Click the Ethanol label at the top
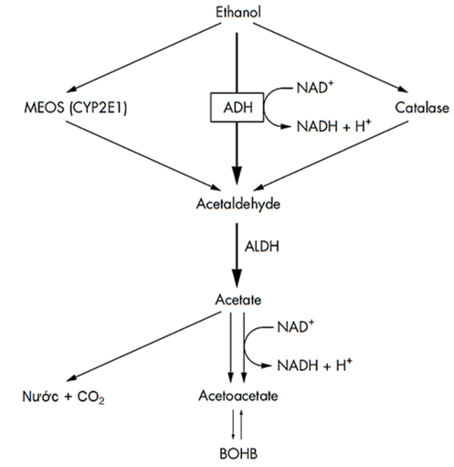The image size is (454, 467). point(238,13)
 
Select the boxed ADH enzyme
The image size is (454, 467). point(237,107)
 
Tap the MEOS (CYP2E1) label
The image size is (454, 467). point(76,108)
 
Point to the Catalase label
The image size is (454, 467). point(422,108)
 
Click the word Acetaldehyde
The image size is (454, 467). point(238,204)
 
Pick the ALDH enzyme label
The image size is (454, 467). point(262,246)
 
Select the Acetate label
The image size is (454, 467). point(238,300)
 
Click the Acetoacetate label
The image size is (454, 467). point(238,396)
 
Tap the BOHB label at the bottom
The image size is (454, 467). point(238,453)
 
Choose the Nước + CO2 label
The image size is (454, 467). point(63,397)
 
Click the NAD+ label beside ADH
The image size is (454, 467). point(315,88)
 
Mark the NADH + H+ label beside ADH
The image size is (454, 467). point(334,126)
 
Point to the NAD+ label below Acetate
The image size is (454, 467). point(295,327)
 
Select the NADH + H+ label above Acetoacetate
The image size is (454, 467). point(314,365)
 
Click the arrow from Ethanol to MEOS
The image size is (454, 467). point(143,58)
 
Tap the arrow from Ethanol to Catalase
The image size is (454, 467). point(331,58)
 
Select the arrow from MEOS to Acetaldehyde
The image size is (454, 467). point(143,155)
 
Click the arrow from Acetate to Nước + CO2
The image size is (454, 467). point(143,346)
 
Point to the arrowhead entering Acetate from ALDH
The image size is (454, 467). point(237,278)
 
